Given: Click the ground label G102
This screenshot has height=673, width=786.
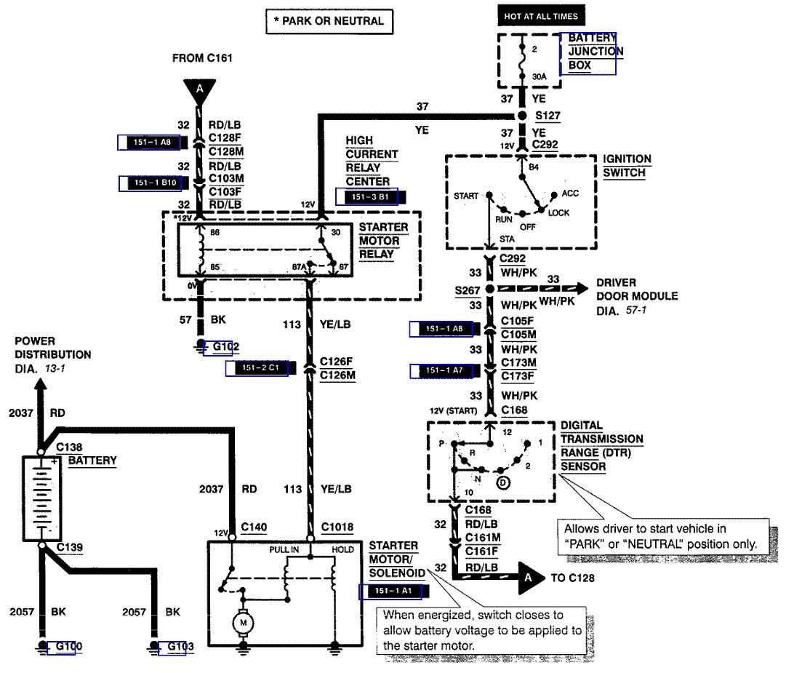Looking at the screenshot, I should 225,347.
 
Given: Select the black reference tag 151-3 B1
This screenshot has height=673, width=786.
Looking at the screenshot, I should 371,196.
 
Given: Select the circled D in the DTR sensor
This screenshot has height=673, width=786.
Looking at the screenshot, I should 503,482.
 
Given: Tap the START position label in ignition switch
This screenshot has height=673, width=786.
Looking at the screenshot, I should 466,196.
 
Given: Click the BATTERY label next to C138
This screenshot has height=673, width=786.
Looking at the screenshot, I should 92,461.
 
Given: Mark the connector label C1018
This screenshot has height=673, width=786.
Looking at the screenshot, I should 337,526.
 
